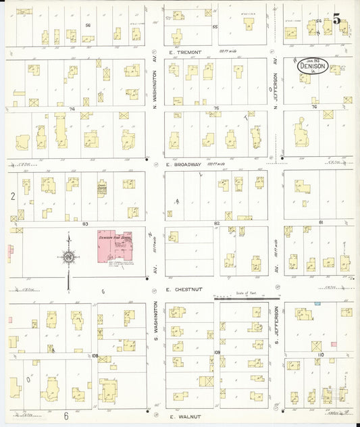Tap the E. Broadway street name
pos(184,164)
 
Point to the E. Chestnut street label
pos(184,288)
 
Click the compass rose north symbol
pos(68,256)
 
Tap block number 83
pos(85,223)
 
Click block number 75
pos(216,107)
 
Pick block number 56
pos(88,25)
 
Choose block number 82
pos(217,223)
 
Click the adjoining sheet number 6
pos(66,416)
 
